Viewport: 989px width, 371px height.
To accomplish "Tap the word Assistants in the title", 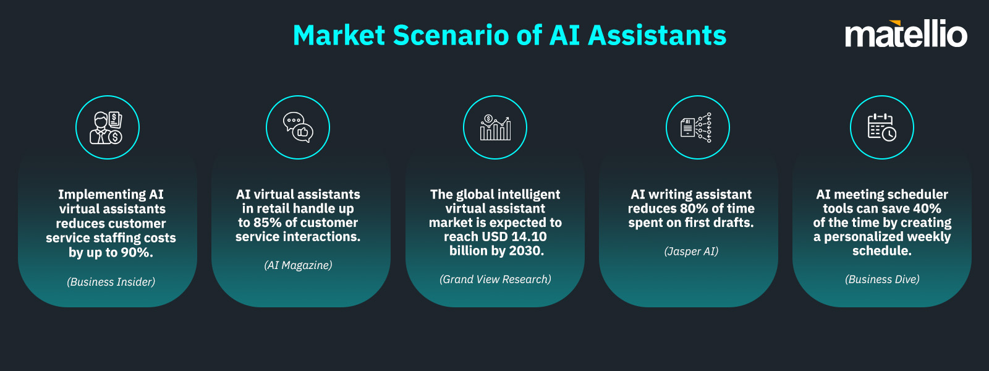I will click(x=657, y=35).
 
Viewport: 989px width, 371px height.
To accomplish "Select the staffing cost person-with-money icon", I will click(x=108, y=127).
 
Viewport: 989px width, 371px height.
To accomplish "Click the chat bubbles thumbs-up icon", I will click(x=298, y=127).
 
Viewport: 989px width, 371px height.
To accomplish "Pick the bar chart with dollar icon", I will click(x=495, y=127).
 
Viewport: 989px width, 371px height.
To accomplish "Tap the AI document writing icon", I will click(x=697, y=127).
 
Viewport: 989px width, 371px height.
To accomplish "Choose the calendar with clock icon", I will click(x=882, y=127).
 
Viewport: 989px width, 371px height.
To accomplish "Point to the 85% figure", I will click(x=267, y=223).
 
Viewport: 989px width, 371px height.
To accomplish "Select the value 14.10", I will click(x=529, y=237).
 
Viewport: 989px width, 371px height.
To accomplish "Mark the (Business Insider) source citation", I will click(x=111, y=282).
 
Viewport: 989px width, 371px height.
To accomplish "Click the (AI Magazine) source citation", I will click(x=298, y=265).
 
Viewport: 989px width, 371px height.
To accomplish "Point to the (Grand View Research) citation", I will click(x=495, y=279).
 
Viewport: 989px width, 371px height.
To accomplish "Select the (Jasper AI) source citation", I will click(x=691, y=251).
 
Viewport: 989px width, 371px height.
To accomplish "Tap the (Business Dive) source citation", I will click(x=882, y=279).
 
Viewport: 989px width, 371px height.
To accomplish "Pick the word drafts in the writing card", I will click(x=733, y=223).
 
